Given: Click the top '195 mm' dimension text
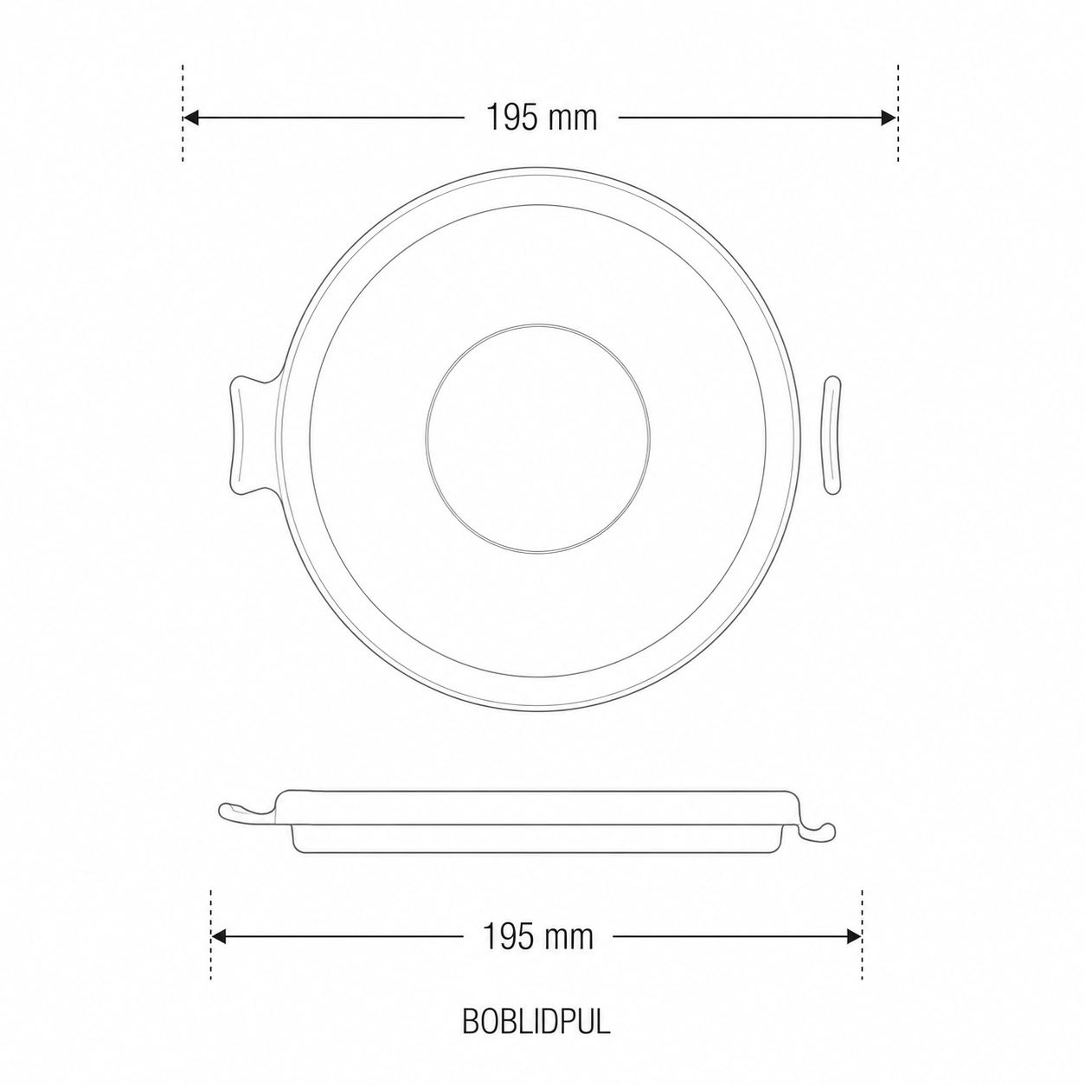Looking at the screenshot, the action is [541, 118].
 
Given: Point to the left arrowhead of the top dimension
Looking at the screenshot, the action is [191, 118].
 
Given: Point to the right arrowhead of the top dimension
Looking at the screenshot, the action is [889, 118].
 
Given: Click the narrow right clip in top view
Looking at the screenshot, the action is [832, 435].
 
